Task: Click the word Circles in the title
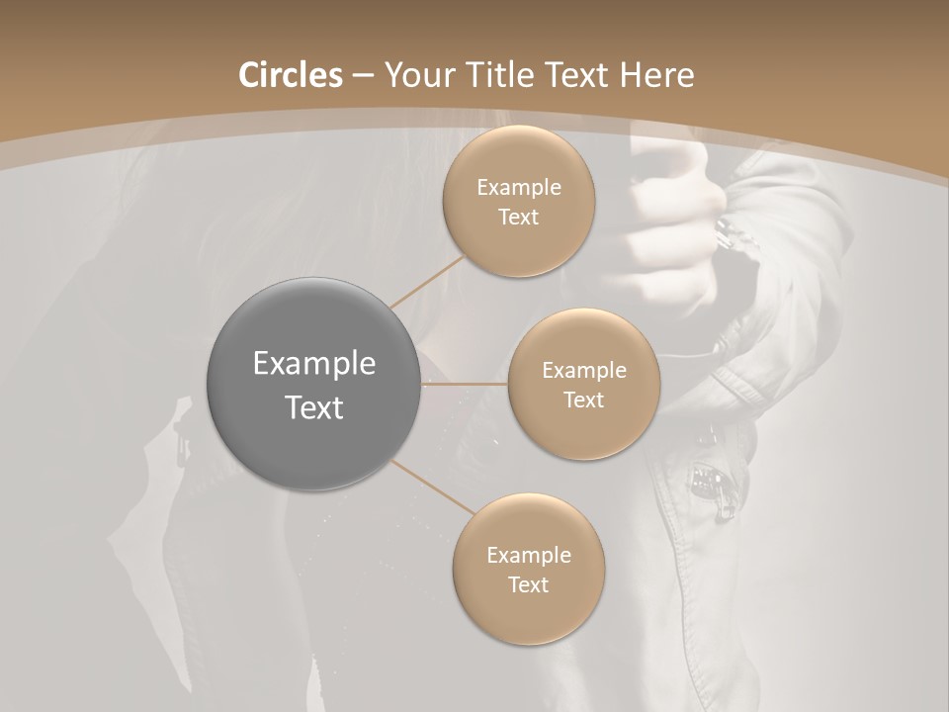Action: [x=291, y=75]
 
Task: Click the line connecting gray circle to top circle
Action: [x=427, y=281]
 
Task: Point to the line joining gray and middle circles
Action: [x=465, y=384]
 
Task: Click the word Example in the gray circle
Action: [x=314, y=364]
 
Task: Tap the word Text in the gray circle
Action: [x=314, y=407]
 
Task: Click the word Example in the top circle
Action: [x=519, y=188]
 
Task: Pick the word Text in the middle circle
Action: [x=583, y=400]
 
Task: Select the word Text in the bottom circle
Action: [x=528, y=584]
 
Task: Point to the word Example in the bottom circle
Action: [x=528, y=556]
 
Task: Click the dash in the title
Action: [x=362, y=76]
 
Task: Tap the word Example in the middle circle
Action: [x=583, y=371]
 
